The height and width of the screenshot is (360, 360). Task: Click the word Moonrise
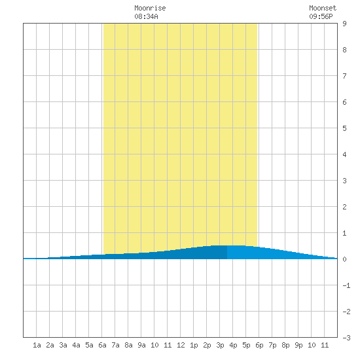tap(150, 9)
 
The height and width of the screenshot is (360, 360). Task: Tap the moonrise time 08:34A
tap(146, 16)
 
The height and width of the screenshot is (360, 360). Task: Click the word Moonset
tap(323, 9)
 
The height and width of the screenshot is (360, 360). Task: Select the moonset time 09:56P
tap(321, 16)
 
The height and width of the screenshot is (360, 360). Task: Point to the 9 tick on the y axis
tap(344, 24)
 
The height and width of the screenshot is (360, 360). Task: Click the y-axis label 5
tap(344, 128)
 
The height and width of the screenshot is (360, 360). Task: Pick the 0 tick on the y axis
tap(344, 259)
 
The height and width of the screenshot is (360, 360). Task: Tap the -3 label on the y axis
tap(346, 338)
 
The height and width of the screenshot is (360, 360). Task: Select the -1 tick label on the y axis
tap(346, 285)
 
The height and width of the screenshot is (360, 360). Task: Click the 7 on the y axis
tap(344, 76)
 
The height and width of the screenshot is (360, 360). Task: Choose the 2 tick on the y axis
tap(344, 207)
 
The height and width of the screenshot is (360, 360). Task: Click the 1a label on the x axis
tap(37, 345)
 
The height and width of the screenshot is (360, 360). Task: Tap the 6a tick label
tap(102, 345)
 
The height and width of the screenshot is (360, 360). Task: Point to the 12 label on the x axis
tap(181, 345)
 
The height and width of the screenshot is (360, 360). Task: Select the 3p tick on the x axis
tap(220, 345)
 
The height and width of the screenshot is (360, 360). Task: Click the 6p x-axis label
tap(259, 345)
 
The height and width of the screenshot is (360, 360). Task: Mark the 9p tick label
tap(298, 345)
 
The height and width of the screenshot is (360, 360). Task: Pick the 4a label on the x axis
tap(76, 345)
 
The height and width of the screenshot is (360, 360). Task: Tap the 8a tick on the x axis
tap(128, 345)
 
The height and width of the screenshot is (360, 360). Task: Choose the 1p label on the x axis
tap(194, 345)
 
